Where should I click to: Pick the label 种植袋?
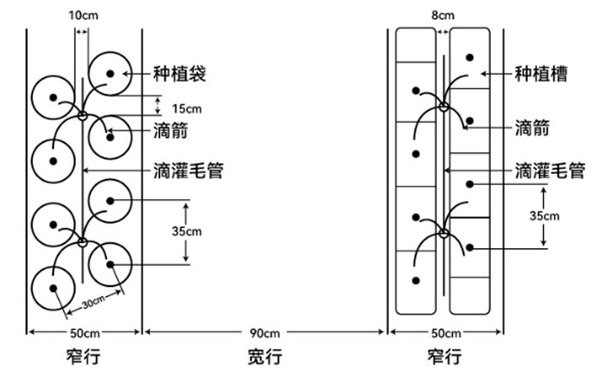pyautogui.click(x=180, y=73)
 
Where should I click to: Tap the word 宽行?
pyautogui.click(x=265, y=356)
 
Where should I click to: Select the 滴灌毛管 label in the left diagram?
pyautogui.click(x=188, y=170)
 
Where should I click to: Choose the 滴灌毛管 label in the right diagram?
pyautogui.click(x=550, y=170)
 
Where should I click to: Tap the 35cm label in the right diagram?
pyautogui.click(x=545, y=215)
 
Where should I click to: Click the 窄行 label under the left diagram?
pyautogui.click(x=83, y=356)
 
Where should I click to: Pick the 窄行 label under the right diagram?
pyautogui.click(x=444, y=356)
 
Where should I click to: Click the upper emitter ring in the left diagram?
pyautogui.click(x=83, y=116)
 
